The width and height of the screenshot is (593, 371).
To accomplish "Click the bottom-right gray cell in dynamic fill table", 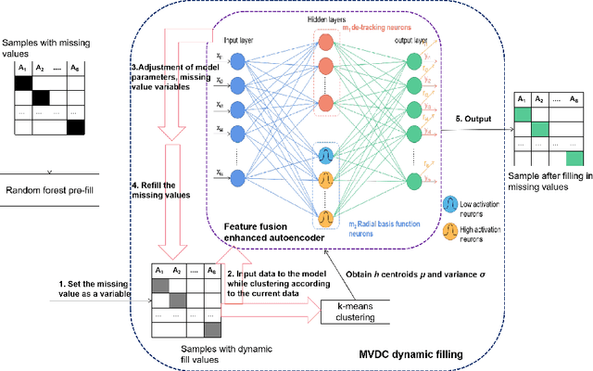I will [x=211, y=327].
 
